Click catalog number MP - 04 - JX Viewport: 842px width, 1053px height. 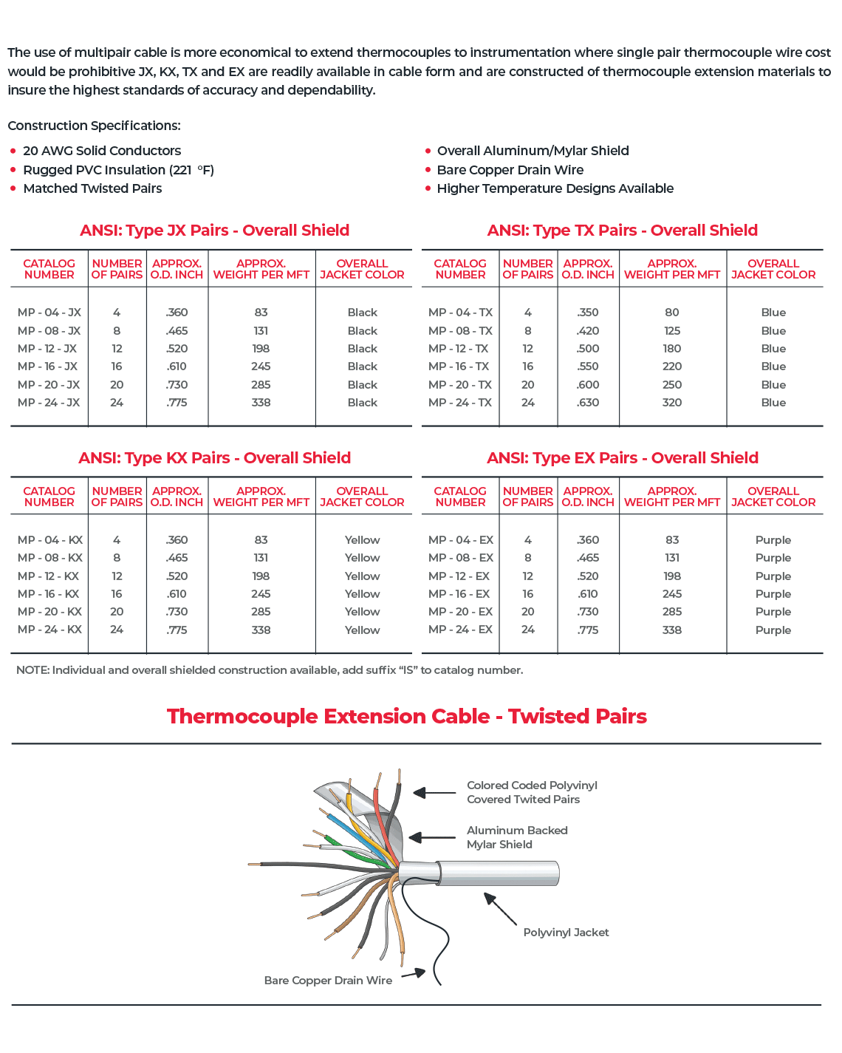[49, 313]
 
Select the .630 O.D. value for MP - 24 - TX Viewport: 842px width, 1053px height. [588, 403]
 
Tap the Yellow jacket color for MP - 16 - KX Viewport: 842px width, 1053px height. [362, 594]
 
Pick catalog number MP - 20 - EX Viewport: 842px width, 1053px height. [460, 612]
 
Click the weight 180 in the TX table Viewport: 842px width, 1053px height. [671, 349]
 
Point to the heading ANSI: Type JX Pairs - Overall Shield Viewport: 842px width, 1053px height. [214, 231]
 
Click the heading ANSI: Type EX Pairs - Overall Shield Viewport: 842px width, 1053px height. [622, 458]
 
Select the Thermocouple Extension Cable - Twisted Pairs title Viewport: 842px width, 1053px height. [406, 717]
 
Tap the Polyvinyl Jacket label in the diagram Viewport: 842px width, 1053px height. [566, 933]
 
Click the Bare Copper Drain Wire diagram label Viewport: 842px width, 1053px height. [328, 981]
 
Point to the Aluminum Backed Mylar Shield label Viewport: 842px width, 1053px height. [516, 837]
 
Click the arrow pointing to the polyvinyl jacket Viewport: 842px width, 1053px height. [500, 908]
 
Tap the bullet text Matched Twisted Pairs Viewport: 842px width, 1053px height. [92, 188]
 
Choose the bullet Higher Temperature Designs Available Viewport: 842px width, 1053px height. [555, 188]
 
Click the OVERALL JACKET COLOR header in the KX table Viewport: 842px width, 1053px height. [362, 497]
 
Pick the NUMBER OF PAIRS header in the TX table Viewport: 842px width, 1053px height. [527, 269]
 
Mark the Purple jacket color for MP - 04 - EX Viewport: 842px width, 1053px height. [773, 540]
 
